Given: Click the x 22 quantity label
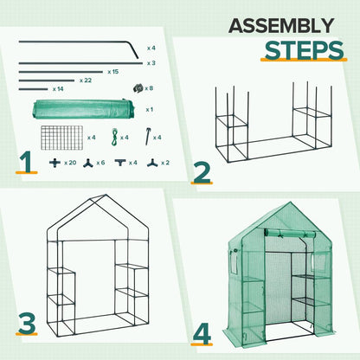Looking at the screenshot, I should pyautogui.click(x=86, y=80).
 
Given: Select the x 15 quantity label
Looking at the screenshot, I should pyautogui.click(x=113, y=72).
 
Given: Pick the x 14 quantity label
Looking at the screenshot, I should pyautogui.click(x=58, y=89).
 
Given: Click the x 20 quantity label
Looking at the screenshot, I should pyautogui.click(x=71, y=163).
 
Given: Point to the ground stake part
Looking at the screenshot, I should pyautogui.click(x=156, y=134).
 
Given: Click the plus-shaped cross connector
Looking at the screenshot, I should pyautogui.click(x=55, y=163).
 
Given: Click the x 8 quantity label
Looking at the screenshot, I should pyautogui.click(x=150, y=88).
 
